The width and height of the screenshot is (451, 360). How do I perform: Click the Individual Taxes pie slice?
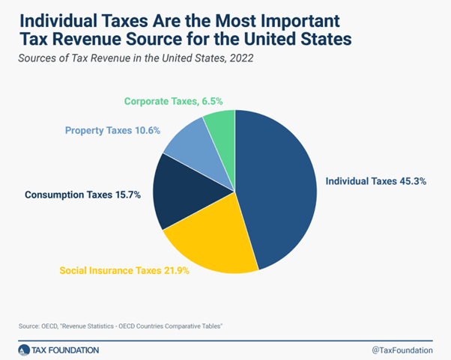(277, 180)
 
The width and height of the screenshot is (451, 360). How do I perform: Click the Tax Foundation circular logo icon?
(26, 348)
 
